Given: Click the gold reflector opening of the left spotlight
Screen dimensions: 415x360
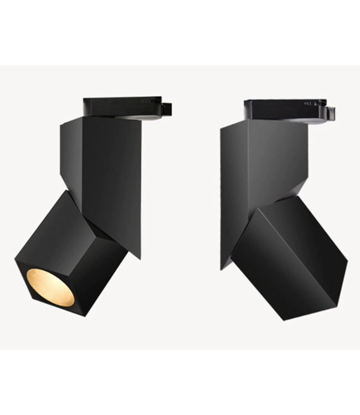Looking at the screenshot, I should pos(50,287).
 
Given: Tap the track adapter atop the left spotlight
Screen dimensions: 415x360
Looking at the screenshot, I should pos(122,106).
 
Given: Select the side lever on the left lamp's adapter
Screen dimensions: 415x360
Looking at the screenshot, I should pos(166,109).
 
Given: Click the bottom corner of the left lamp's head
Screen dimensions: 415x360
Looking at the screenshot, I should pos(84,315).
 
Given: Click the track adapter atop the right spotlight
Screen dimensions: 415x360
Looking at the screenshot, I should pos(282,110).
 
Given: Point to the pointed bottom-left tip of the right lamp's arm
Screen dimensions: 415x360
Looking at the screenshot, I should pos(222,268).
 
